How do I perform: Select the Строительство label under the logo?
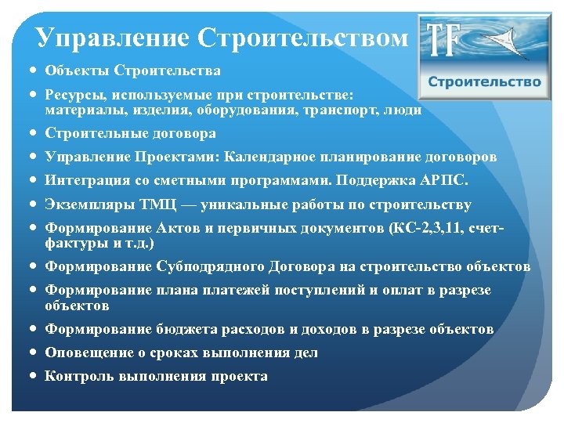click(484, 81)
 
